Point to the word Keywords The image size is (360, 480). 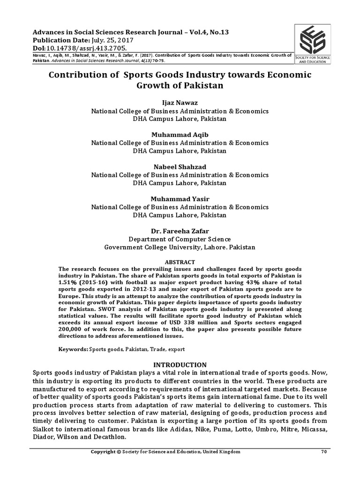73,350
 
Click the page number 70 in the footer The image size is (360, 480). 323,451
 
